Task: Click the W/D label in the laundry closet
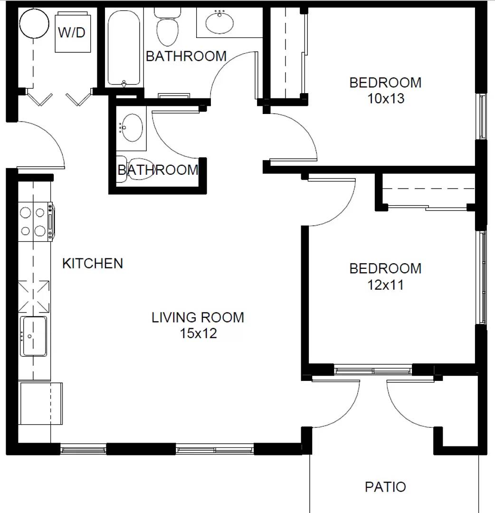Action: (x=73, y=33)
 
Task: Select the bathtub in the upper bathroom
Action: (x=124, y=47)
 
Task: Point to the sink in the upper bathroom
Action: (x=219, y=22)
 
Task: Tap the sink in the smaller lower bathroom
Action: (x=132, y=127)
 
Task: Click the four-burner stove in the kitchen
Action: (x=34, y=222)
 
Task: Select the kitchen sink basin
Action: (x=34, y=336)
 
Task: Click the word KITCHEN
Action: (x=93, y=263)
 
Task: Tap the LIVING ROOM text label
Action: (x=198, y=317)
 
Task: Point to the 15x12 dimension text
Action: (x=198, y=333)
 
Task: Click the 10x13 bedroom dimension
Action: (x=385, y=99)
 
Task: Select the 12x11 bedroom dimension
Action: (x=385, y=285)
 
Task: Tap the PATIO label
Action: (x=385, y=487)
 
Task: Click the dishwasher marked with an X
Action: (x=34, y=296)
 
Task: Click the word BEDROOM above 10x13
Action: (x=385, y=83)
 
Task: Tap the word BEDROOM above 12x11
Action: (x=385, y=268)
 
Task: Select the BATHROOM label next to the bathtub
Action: (x=186, y=56)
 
